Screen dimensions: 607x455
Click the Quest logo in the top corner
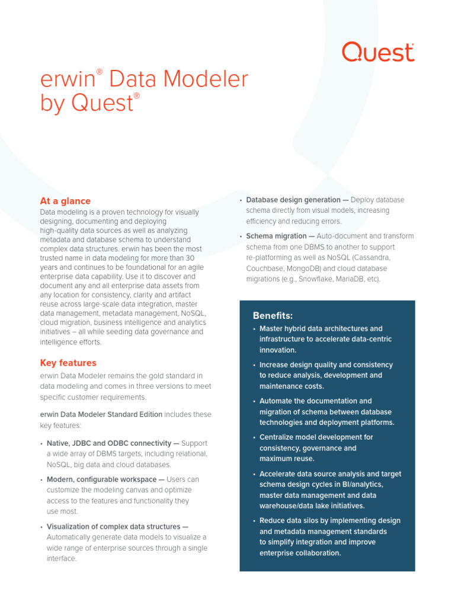coord(378,52)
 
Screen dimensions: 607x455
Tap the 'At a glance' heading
coord(65,201)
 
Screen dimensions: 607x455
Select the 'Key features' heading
coord(68,363)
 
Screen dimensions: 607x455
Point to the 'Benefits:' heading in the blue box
coord(273,315)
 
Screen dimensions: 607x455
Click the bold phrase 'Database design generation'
coord(293,200)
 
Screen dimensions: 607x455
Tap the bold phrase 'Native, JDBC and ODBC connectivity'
coord(108,443)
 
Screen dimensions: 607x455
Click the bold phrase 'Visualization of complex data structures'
coord(113,526)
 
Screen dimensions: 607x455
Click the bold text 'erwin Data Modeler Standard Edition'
coord(101,414)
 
